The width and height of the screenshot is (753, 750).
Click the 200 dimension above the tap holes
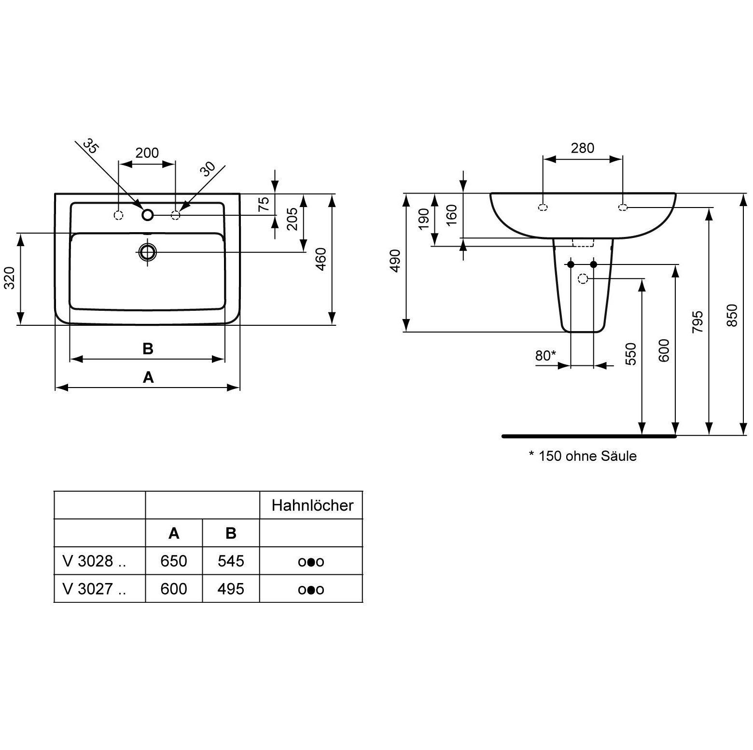147,153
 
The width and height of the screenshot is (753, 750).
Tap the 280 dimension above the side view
583,148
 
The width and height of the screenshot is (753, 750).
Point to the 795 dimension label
697,322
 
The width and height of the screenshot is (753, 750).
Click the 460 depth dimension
321,259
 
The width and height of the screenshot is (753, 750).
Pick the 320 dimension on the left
10,278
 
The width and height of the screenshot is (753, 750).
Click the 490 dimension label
395,261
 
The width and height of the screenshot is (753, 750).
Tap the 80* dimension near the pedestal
545,356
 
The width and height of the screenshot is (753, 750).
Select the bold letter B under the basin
148,348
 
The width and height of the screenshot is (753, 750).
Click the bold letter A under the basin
148,377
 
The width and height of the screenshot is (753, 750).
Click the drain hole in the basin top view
148,252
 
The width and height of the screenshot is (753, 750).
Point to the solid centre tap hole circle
147,214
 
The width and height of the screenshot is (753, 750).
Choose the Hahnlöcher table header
312,505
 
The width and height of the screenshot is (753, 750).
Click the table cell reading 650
174,561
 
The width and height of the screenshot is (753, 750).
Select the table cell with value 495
231,589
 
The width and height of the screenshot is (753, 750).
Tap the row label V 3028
94,561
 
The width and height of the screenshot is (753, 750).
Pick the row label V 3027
94,589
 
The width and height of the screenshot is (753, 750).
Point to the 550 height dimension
630,354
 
